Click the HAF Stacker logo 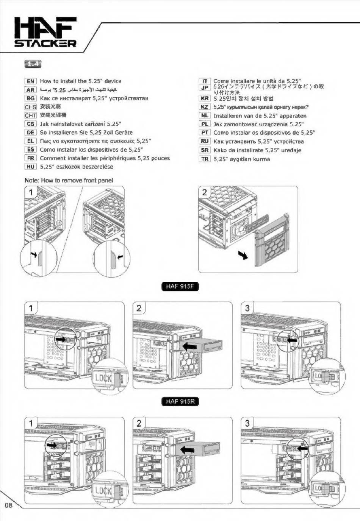pyautogui.click(x=45, y=32)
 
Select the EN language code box pyautogui.click(x=31, y=81)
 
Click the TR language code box pyautogui.click(x=205, y=159)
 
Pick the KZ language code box pyautogui.click(x=205, y=107)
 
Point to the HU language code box pyautogui.click(x=31, y=167)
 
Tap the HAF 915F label pyautogui.click(x=180, y=286)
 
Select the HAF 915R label pyautogui.click(x=180, y=401)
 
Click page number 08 pyautogui.click(x=9, y=505)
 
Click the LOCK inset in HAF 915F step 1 pyautogui.click(x=107, y=377)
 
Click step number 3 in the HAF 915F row pyautogui.click(x=247, y=308)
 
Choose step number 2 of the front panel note pyautogui.click(x=205, y=192)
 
